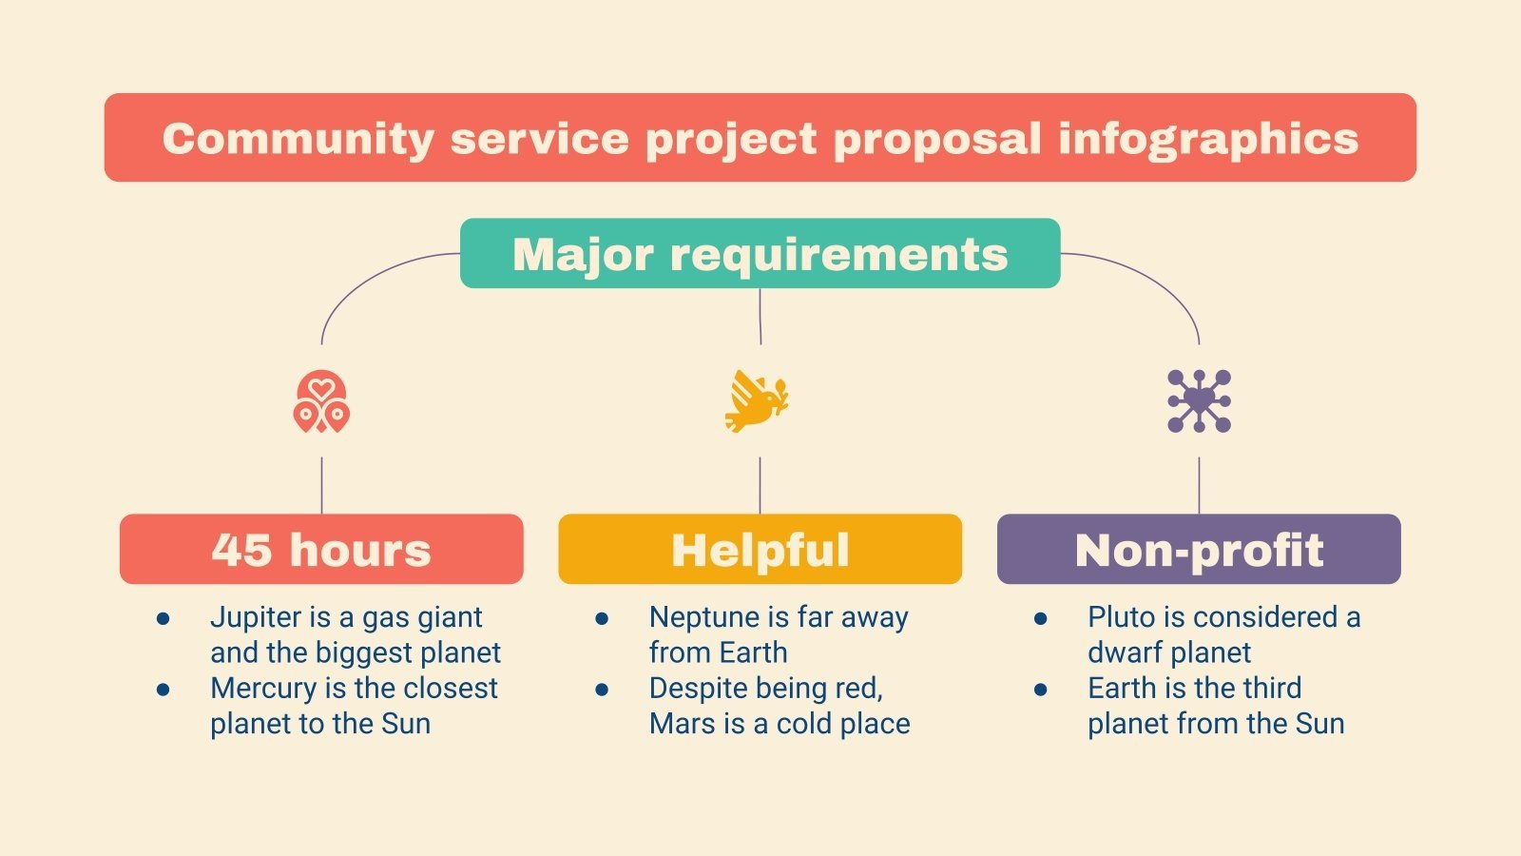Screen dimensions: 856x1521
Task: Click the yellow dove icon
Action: tap(757, 400)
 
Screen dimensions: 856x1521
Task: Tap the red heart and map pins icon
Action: tap(321, 401)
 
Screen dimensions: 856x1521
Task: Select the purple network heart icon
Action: tap(1199, 400)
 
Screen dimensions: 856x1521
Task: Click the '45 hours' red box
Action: tap(321, 550)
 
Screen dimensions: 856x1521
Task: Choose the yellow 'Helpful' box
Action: tap(760, 550)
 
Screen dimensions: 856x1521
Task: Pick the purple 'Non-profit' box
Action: tap(1199, 550)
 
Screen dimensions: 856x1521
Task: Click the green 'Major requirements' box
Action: tap(760, 254)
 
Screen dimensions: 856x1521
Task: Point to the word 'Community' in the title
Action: tap(298, 139)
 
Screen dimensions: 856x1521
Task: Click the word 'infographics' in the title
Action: tap(1208, 139)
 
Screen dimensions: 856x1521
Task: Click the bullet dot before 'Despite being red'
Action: tap(602, 690)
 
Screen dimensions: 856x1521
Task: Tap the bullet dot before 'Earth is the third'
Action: tap(1041, 690)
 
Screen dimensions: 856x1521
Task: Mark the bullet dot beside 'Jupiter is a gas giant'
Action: tap(164, 619)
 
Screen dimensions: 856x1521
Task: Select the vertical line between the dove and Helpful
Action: tap(760, 485)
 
